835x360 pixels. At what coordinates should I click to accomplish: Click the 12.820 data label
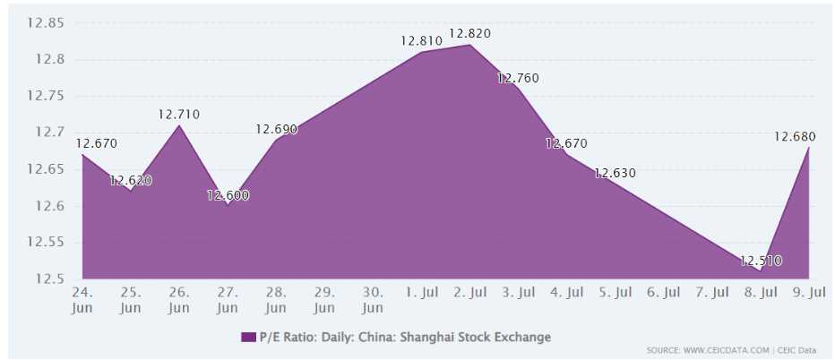[x=469, y=33]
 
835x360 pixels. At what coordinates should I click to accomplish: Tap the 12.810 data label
[x=421, y=40]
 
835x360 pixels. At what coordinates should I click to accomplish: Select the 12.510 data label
[x=761, y=261]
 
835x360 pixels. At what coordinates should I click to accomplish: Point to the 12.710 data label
[x=178, y=115]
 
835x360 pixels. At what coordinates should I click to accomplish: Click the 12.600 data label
[x=228, y=195]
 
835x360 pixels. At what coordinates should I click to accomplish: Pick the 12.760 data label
[x=518, y=79]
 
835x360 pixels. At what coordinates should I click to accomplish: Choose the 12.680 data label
[x=794, y=137]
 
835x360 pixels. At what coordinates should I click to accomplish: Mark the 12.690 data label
[x=276, y=130]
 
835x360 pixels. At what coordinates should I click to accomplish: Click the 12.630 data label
[x=615, y=174]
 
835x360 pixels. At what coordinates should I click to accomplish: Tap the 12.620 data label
[x=131, y=180]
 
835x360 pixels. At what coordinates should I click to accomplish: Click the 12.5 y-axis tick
[x=48, y=279]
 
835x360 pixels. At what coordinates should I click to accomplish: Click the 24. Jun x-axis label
[x=82, y=299]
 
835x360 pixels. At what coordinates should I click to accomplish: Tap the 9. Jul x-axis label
[x=810, y=292]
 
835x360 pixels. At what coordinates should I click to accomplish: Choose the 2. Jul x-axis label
[x=469, y=292]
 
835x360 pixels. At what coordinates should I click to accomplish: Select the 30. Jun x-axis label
[x=373, y=299]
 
